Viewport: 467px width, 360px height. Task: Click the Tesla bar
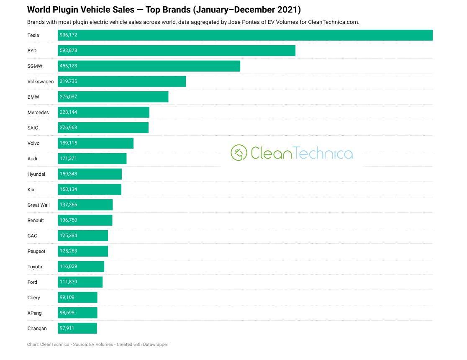(x=245, y=35)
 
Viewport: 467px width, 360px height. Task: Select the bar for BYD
(x=177, y=51)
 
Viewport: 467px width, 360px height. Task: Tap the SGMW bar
(x=149, y=66)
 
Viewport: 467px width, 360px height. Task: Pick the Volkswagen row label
(x=41, y=82)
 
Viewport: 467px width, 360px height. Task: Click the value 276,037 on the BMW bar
(x=69, y=97)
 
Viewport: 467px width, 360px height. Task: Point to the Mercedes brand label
(x=38, y=112)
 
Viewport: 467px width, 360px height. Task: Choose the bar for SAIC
(x=103, y=128)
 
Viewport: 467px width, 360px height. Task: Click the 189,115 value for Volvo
(x=69, y=143)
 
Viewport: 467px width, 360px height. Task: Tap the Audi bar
(x=92, y=159)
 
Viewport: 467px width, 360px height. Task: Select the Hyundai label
(x=36, y=174)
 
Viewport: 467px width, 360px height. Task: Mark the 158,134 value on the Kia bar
(x=69, y=189)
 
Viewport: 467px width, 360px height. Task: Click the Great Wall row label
(x=38, y=205)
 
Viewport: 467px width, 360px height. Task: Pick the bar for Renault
(x=85, y=221)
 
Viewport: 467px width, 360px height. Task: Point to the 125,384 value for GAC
(x=69, y=235)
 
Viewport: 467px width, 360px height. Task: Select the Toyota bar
(x=81, y=267)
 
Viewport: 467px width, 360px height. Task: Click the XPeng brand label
(x=35, y=313)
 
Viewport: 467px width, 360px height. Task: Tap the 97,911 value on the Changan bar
(x=67, y=328)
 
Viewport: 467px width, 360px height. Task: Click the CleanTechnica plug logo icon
(x=239, y=153)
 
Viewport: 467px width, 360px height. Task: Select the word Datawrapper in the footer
(x=156, y=345)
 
